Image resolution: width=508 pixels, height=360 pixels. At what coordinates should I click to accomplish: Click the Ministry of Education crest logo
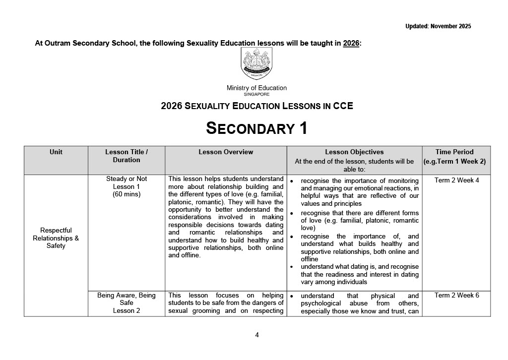[256, 64]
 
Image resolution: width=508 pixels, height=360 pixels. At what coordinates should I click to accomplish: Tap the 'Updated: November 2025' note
[438, 26]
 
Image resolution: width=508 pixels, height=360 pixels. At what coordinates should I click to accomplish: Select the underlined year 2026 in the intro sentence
[351, 43]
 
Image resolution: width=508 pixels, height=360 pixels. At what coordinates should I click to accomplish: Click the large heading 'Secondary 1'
[256, 128]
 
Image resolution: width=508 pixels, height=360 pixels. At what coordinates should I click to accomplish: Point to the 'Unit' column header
[56, 152]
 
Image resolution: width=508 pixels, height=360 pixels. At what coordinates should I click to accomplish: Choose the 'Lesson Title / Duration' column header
[127, 156]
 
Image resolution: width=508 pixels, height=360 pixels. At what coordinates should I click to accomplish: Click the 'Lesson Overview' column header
[226, 152]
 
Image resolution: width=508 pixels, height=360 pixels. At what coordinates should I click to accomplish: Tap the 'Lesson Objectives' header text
[354, 152]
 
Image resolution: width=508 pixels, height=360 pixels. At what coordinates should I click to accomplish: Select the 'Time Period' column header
[454, 152]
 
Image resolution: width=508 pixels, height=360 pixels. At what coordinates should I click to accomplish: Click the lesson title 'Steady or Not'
[127, 179]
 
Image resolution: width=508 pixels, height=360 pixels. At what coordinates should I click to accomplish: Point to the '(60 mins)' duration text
[127, 194]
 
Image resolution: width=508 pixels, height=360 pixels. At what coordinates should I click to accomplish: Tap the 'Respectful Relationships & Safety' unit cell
[56, 238]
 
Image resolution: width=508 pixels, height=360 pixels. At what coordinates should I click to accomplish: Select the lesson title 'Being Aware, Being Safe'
[127, 299]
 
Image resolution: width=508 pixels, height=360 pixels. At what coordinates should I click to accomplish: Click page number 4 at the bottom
[257, 335]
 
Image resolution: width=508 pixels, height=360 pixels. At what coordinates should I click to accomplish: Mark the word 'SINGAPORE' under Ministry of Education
[256, 94]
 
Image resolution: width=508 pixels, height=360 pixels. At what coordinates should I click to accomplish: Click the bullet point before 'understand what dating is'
[293, 267]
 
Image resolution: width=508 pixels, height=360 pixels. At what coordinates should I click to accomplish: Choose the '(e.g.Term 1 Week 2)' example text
[454, 161]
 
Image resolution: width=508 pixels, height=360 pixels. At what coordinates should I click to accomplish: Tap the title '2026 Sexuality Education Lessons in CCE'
[256, 106]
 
